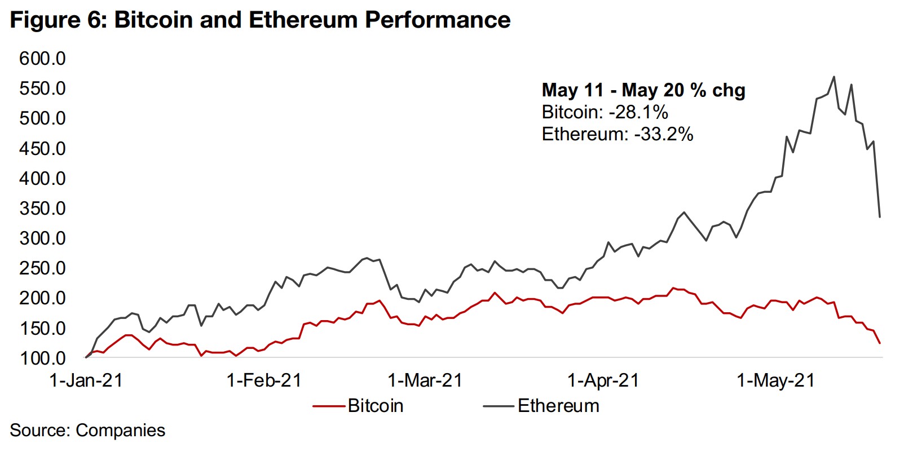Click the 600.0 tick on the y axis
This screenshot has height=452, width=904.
(x=42, y=58)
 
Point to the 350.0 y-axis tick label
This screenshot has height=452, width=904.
(x=42, y=208)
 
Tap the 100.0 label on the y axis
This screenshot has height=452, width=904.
(x=42, y=358)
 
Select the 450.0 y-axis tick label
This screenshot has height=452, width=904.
(x=42, y=148)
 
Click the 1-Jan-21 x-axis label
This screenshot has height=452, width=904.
(x=86, y=380)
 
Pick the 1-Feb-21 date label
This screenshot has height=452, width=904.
(x=264, y=380)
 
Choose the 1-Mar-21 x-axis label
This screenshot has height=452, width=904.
(x=425, y=380)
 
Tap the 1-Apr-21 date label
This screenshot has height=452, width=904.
(x=603, y=380)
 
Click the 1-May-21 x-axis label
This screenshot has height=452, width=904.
(x=776, y=380)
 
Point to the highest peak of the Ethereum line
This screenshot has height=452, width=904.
(x=834, y=77)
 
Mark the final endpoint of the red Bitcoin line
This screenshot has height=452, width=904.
(x=880, y=343)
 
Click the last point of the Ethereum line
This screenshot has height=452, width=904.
(x=880, y=217)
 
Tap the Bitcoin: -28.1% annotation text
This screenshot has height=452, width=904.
(x=605, y=112)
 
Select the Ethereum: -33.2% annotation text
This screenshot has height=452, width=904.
(x=617, y=134)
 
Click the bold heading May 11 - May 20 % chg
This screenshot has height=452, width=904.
(x=643, y=90)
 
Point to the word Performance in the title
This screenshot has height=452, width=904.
(x=438, y=20)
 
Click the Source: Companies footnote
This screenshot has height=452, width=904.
(x=87, y=430)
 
